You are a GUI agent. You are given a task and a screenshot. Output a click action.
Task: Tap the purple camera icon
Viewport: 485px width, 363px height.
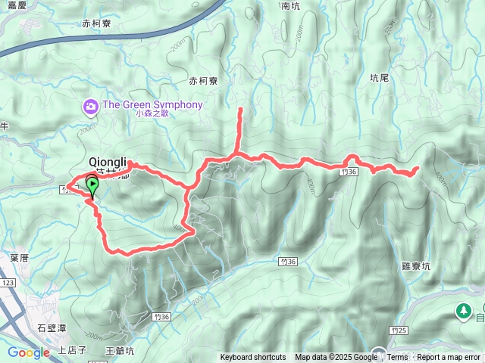(x=91, y=107)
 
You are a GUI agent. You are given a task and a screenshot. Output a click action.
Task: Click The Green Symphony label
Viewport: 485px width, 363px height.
(x=152, y=104)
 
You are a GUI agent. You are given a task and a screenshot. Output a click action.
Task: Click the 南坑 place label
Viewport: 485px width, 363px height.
(x=291, y=6)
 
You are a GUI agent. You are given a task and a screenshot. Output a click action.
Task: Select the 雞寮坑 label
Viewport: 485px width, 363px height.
(x=415, y=266)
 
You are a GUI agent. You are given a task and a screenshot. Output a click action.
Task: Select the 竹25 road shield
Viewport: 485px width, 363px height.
(x=401, y=330)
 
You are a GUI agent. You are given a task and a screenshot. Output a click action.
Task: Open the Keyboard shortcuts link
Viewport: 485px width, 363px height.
(x=253, y=357)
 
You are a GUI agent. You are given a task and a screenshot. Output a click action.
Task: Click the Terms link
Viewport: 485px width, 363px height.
(x=397, y=357)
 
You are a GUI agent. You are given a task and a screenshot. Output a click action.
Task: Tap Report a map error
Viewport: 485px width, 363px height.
(x=449, y=357)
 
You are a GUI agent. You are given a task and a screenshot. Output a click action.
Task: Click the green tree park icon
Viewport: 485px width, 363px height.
(x=462, y=311)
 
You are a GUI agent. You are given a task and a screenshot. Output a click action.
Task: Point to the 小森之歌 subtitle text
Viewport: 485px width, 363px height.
(x=152, y=115)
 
